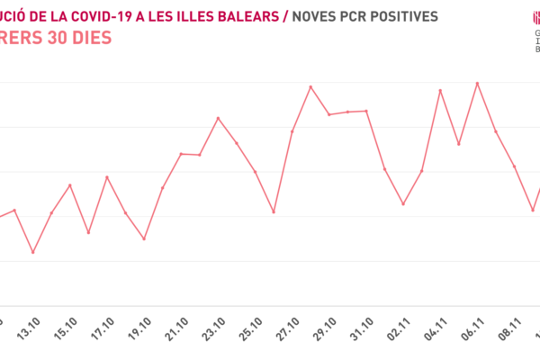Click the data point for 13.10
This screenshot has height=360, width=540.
pyautogui.click(x=33, y=253)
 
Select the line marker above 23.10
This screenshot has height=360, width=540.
pyautogui.click(x=218, y=118)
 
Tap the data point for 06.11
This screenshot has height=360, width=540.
pyautogui.click(x=477, y=83)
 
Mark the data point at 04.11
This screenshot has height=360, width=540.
pyautogui.click(x=440, y=91)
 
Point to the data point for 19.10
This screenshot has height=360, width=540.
pyautogui.click(x=144, y=239)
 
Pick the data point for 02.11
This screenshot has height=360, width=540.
pyautogui.click(x=403, y=204)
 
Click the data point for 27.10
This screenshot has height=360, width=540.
pyautogui.click(x=292, y=131)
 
